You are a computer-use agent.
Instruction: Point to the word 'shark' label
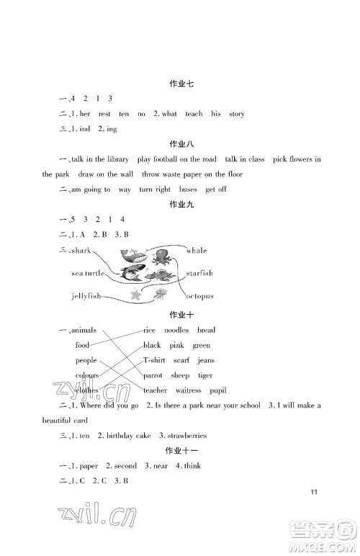coord(81,251)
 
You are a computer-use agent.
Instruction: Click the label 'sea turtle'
coord(89,274)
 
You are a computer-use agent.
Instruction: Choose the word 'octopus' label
coord(199,296)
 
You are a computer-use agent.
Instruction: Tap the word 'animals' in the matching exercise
coord(85,330)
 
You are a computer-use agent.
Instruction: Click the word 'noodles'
coord(177,330)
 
